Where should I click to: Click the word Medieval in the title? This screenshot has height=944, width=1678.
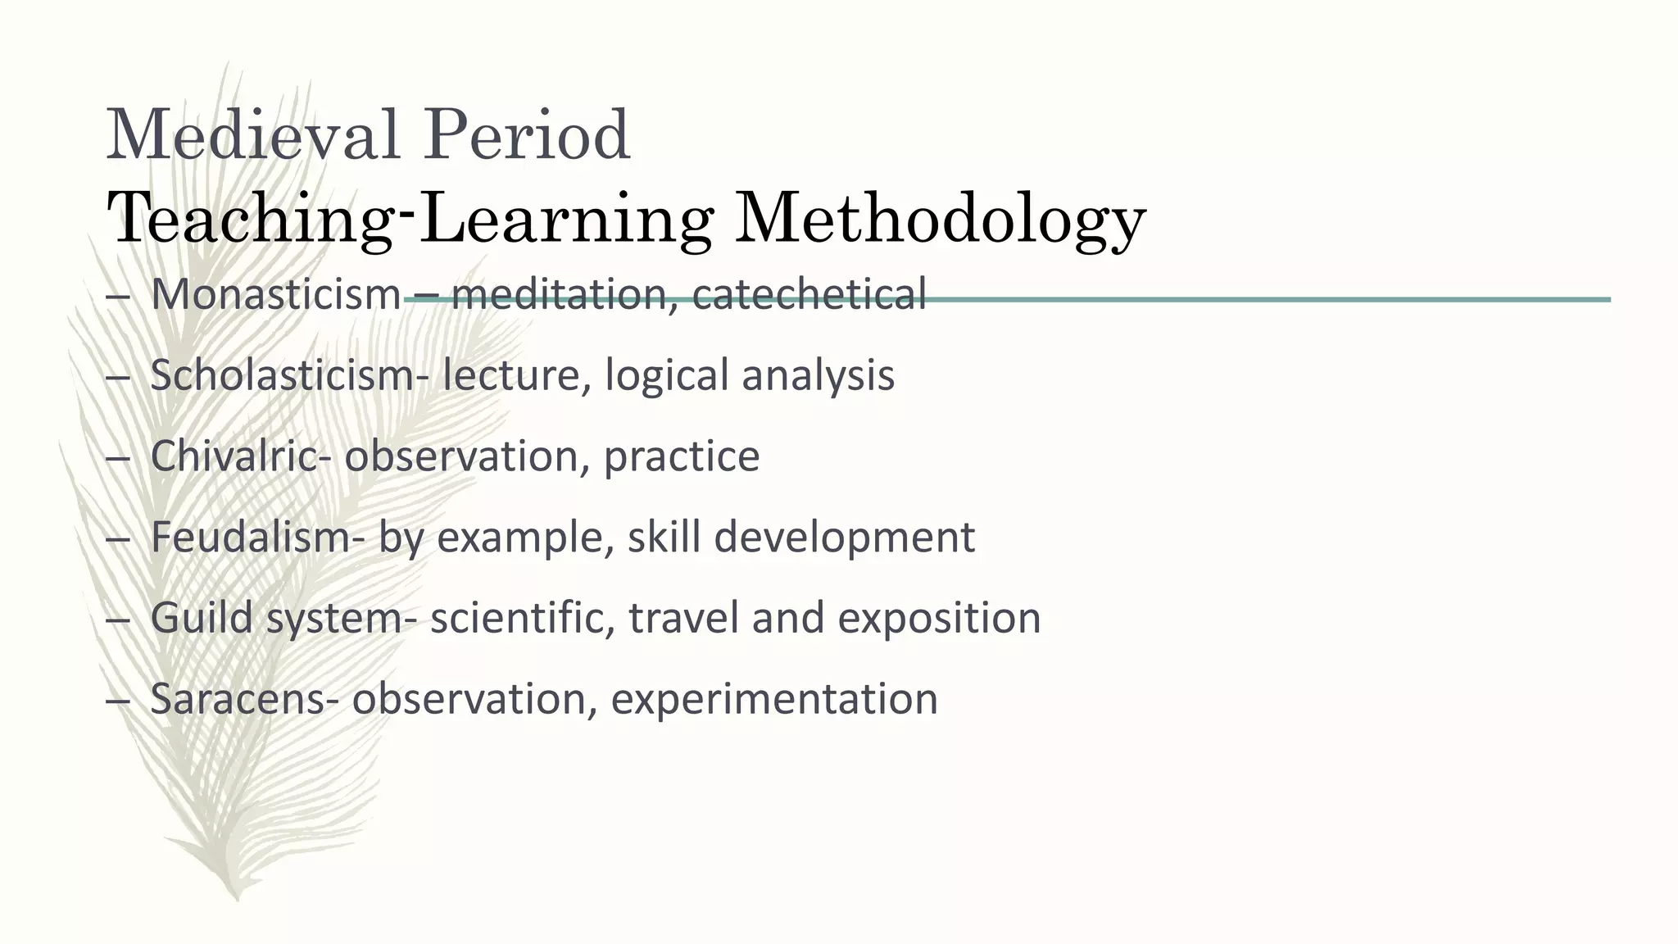pyautogui.click(x=252, y=134)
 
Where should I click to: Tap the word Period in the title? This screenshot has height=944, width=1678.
pyautogui.click(x=526, y=134)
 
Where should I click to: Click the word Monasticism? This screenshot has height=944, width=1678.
pyautogui.click(x=275, y=294)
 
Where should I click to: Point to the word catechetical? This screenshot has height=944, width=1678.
pyautogui.click(x=809, y=294)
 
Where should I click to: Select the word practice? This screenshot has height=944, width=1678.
pyautogui.click(x=682, y=456)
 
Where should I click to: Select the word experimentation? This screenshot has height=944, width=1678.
pyautogui.click(x=774, y=699)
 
